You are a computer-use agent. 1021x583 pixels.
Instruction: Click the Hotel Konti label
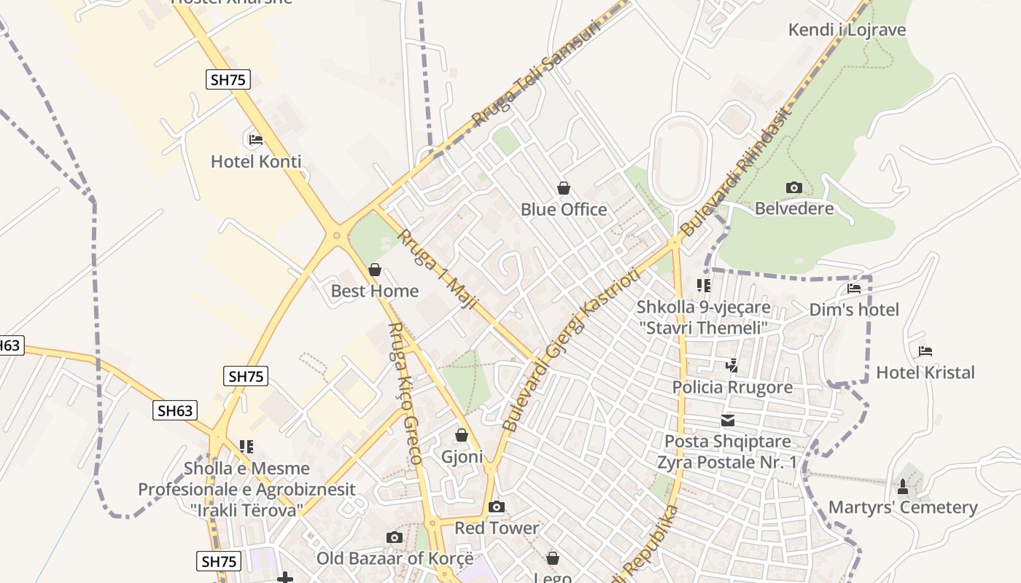[x=256, y=162]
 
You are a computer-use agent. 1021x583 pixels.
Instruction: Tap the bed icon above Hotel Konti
[x=256, y=139]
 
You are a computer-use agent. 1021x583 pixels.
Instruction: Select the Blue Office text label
[x=564, y=210]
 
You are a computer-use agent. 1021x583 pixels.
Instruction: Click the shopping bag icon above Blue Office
[x=564, y=188]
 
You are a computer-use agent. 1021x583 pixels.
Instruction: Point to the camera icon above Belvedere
[x=794, y=187]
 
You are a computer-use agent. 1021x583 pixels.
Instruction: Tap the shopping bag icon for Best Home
[x=375, y=270]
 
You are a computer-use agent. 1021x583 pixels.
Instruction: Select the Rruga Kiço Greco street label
[x=405, y=394]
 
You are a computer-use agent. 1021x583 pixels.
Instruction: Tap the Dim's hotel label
[x=854, y=310]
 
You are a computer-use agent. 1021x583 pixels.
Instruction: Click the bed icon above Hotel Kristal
[x=925, y=351]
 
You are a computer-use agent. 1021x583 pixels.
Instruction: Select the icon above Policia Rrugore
[x=732, y=366]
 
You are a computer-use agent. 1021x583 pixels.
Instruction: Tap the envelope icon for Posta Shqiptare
[x=728, y=420]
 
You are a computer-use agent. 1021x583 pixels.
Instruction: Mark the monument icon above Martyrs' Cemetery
[x=903, y=486]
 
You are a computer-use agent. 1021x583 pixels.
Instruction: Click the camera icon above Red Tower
[x=497, y=506]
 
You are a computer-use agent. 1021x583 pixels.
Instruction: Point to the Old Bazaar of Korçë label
[x=395, y=559]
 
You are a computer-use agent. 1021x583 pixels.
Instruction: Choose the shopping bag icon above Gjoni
[x=462, y=435]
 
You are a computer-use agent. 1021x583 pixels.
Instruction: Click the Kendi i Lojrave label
[x=847, y=30]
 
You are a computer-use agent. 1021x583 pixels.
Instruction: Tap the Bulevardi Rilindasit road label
[x=735, y=172]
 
